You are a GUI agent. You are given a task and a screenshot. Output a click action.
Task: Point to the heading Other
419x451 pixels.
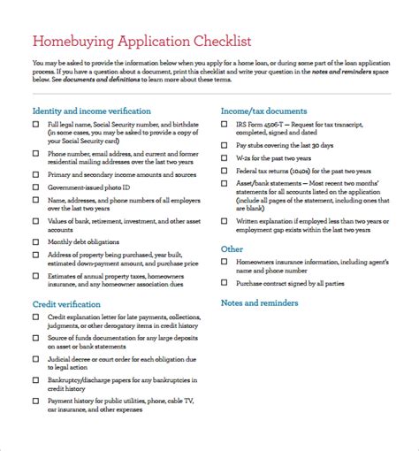232,249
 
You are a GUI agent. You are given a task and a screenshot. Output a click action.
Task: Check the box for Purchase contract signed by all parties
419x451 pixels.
225,283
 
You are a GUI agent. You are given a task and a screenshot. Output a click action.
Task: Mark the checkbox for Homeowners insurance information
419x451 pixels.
225,262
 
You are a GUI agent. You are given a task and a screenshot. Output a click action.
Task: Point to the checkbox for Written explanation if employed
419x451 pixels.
225,223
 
